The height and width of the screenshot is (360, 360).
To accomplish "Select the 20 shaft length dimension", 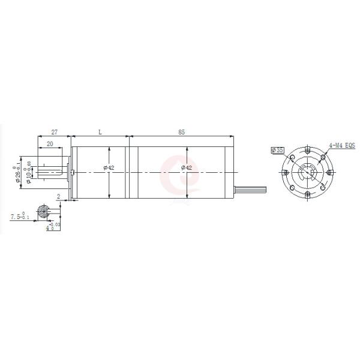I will (49, 144).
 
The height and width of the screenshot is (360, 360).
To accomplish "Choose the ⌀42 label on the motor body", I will (187, 168).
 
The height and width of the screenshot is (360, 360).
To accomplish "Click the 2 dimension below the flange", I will (58, 197).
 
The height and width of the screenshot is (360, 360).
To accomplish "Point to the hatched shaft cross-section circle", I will (44, 211).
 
